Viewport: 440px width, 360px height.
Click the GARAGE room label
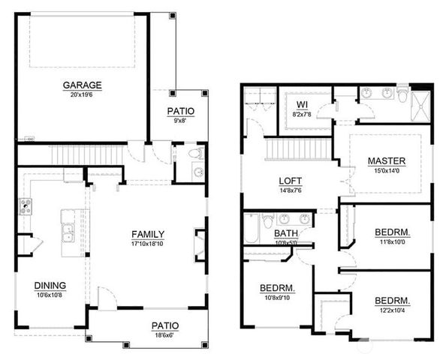[x=83, y=85]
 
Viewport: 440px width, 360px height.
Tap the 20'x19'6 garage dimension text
[x=83, y=94]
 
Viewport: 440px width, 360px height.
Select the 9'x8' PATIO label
[x=180, y=111]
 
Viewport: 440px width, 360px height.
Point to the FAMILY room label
[x=148, y=234]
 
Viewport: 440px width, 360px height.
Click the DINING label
[x=50, y=285]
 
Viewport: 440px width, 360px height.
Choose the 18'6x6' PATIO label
[x=164, y=325]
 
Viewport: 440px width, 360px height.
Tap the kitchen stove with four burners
[x=25, y=206]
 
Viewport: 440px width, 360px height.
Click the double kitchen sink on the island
[x=68, y=232]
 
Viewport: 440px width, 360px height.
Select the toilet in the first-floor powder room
[x=194, y=154]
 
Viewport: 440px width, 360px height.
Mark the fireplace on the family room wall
[x=200, y=244]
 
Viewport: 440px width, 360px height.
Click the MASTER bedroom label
[x=387, y=160]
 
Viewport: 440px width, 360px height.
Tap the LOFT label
[x=291, y=181]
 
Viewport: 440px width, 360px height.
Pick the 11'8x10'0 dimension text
[x=392, y=241]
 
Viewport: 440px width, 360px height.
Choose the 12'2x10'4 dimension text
[x=392, y=310]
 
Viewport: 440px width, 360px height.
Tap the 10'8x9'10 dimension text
[x=276, y=297]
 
